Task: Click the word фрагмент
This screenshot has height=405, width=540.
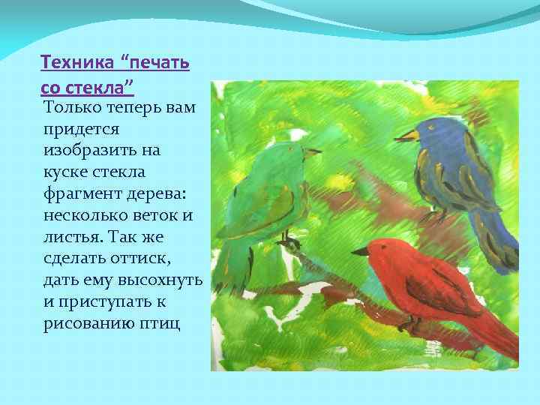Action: pos(79,194)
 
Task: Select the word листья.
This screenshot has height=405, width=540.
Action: pos(75,238)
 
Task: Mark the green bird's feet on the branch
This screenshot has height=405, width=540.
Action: pos(288,241)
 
